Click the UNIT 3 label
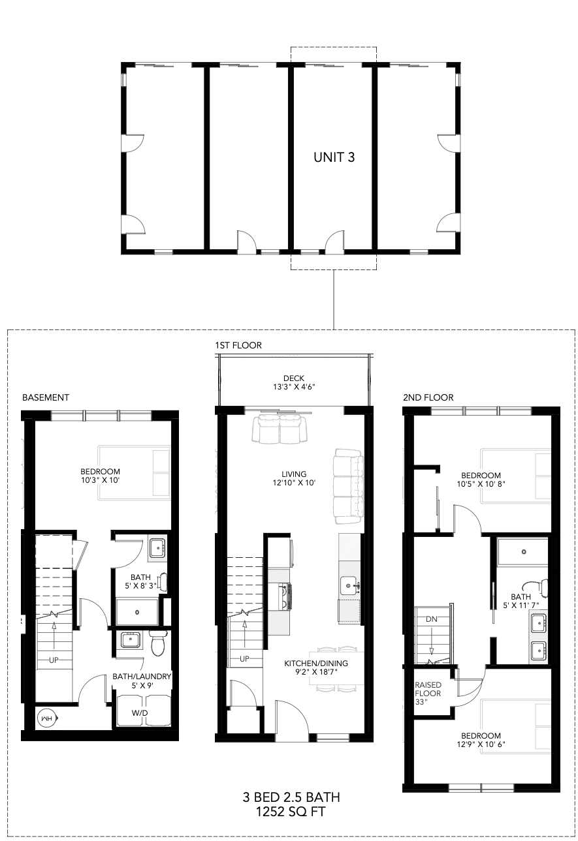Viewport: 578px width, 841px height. click(334, 157)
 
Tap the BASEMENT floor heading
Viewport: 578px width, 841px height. click(46, 397)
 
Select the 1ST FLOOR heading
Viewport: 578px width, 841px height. click(238, 345)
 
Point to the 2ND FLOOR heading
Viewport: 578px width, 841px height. click(428, 397)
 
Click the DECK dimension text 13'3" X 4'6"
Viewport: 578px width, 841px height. click(294, 387)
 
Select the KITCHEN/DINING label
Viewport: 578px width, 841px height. click(316, 664)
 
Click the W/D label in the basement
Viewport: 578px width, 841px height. click(140, 712)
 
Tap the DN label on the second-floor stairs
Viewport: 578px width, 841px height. click(432, 619)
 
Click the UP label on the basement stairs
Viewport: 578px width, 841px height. click(54, 660)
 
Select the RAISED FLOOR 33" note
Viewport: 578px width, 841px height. click(428, 694)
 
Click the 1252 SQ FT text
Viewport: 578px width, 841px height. click(291, 812)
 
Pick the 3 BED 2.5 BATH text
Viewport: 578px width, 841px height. click(291, 797)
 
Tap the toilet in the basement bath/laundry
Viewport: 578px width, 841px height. click(157, 643)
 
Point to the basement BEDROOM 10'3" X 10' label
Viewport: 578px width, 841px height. click(101, 476)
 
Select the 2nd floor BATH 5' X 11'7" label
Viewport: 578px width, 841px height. click(521, 601)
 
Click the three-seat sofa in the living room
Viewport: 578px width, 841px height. click(349, 486)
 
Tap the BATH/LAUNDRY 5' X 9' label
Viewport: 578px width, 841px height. click(142, 680)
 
